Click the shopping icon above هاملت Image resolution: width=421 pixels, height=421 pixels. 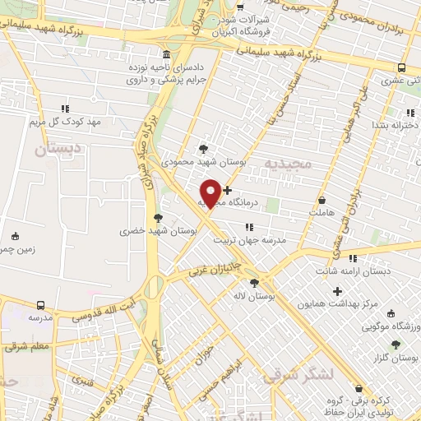pos(322,200)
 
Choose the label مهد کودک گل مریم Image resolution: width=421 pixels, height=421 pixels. pos(65,122)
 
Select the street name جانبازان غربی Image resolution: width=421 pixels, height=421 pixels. pos(215,268)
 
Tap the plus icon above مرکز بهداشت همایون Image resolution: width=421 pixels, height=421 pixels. pos(337,290)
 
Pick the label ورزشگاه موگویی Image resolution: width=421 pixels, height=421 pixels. pos(390,326)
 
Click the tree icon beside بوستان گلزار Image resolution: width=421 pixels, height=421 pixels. pos(396,345)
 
